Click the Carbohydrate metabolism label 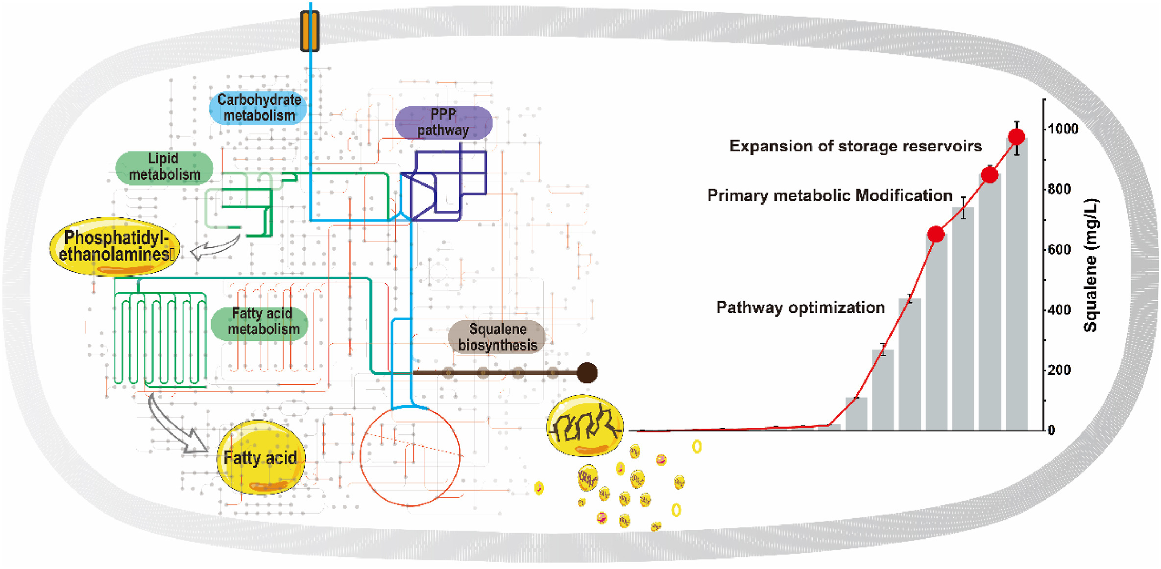tap(258, 107)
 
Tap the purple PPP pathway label tap(443, 122)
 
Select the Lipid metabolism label tap(164, 167)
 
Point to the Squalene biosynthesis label tap(497, 337)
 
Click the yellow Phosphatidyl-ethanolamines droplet tap(115, 246)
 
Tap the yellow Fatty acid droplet tap(261, 457)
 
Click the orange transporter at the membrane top tap(310, 31)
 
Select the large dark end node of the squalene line tap(587, 373)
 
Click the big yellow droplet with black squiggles tap(585, 425)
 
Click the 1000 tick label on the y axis tap(1063, 129)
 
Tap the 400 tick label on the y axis tap(1059, 310)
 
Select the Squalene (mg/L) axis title tap(1090, 265)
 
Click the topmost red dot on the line tap(1016, 137)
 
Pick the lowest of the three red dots tap(936, 235)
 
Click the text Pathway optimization tap(800, 308)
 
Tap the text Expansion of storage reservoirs tap(855, 146)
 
